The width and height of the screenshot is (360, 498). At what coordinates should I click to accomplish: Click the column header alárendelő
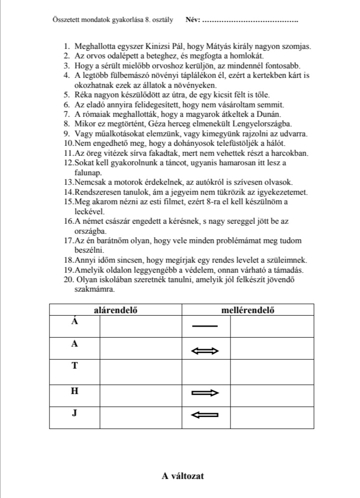[115, 310]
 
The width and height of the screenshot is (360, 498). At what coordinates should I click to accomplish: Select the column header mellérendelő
[247, 310]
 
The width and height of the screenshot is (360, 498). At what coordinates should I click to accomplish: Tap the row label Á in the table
[74, 322]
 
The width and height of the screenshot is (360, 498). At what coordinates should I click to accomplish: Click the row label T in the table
[74, 366]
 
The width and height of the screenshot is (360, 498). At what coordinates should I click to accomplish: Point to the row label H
[74, 391]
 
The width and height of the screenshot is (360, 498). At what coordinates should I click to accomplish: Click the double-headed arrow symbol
[205, 351]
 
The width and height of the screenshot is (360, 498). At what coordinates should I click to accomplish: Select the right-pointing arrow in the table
[205, 393]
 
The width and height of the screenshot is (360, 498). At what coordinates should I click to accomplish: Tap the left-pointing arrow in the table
[205, 414]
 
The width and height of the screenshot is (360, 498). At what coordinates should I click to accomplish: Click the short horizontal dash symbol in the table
[205, 326]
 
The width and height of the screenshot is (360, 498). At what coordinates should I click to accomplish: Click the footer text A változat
[182, 476]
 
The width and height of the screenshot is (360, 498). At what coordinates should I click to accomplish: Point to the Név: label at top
[192, 20]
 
